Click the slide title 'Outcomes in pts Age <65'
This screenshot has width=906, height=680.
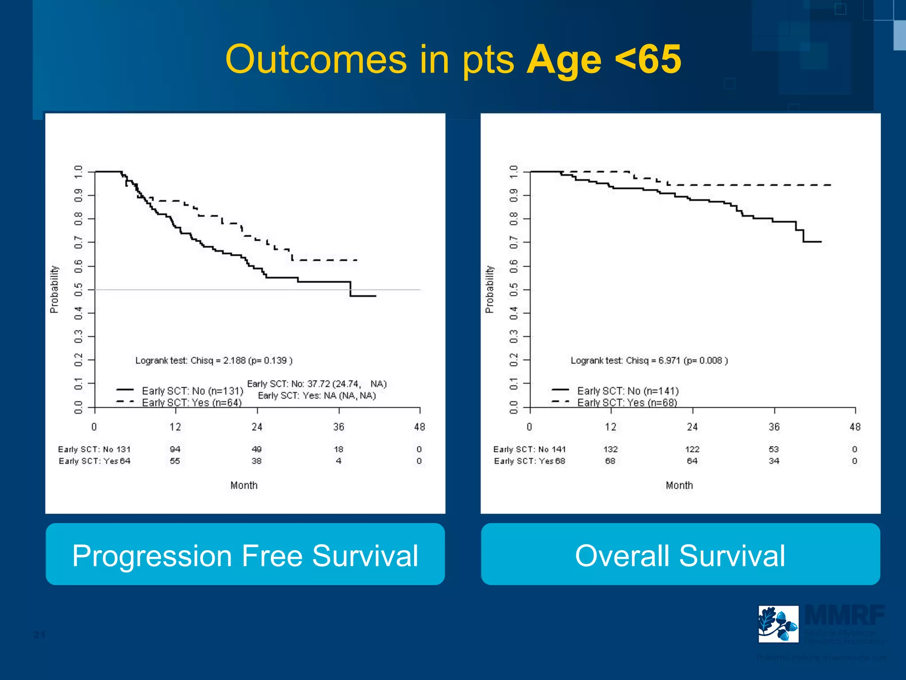pos(453,60)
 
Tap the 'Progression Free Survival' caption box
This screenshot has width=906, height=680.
pos(245,554)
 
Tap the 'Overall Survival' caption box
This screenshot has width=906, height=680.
pos(680,554)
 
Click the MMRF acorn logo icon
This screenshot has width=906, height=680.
pos(778,624)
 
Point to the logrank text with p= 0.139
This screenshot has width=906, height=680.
pos(214,360)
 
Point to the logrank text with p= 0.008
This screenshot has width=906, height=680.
pos(649,360)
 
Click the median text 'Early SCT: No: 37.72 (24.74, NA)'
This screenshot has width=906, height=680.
pos(317,384)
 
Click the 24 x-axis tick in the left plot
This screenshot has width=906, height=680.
pos(257,427)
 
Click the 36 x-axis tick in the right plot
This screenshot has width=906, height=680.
pos(774,427)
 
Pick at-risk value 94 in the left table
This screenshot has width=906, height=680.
pos(175,449)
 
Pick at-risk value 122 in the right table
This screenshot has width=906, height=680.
pos(692,449)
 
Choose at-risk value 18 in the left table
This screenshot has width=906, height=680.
pos(338,449)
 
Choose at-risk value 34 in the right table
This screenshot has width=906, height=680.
pos(774,461)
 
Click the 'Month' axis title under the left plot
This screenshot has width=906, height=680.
pos(244,485)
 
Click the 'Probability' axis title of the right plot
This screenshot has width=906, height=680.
pos(489,290)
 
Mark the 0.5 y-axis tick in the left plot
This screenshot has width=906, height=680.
pos(78,290)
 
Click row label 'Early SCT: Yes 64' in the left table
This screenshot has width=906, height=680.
pos(94,461)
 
